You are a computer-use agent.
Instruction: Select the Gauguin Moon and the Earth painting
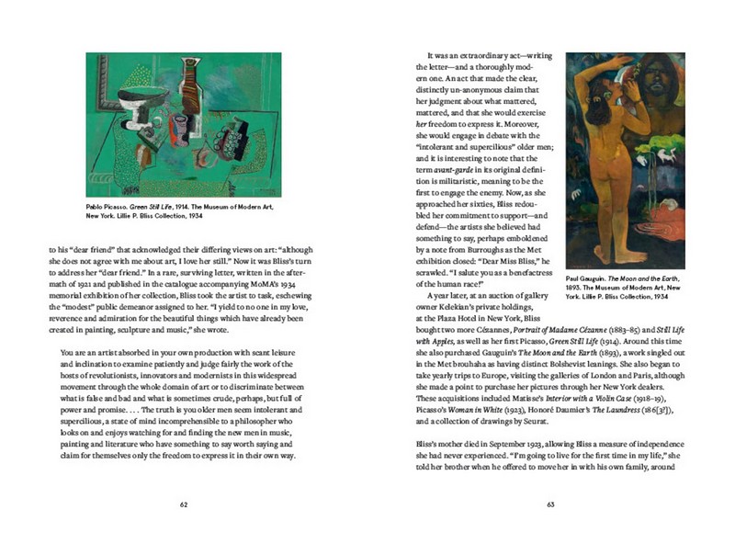pyautogui.click(x=614, y=161)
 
